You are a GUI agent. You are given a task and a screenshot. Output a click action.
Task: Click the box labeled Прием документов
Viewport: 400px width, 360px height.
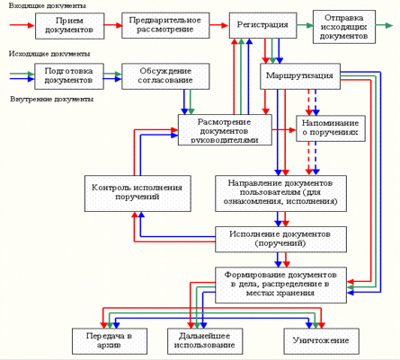point(70,26)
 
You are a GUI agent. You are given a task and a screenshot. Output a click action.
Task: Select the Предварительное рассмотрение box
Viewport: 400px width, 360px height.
point(165,25)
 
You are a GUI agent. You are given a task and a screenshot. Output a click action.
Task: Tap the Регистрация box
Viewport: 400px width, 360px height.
point(263,25)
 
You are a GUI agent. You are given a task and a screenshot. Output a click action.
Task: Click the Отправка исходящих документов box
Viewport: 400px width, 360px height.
point(344,27)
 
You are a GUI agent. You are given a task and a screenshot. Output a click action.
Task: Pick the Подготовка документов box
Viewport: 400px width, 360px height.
point(69,76)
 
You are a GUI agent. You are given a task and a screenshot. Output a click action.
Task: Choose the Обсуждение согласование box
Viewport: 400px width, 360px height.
point(165,76)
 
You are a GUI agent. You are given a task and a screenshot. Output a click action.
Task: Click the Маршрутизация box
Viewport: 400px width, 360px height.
point(300,76)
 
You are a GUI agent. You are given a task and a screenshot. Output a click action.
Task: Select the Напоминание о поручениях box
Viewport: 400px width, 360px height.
point(331,128)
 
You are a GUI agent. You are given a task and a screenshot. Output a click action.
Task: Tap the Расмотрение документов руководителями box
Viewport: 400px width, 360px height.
point(225,130)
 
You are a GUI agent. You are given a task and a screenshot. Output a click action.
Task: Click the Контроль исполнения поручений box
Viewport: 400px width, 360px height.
point(138,194)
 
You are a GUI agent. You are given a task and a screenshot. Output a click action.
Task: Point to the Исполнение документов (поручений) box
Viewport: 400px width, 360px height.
point(280,239)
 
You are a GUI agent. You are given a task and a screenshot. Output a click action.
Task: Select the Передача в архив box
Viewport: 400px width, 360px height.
point(110,341)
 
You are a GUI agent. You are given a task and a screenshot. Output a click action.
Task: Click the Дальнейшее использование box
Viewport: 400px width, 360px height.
point(205,341)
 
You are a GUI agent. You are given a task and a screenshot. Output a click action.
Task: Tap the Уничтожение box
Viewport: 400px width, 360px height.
point(321,341)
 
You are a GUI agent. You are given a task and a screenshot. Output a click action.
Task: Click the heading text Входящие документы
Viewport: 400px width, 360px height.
point(48,6)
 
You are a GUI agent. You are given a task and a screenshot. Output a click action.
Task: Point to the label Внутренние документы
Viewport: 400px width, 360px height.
point(51,99)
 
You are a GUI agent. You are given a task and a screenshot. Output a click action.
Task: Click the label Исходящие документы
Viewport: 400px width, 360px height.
point(49,54)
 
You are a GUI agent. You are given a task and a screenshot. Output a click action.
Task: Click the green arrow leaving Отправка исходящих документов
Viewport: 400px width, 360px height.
point(384,25)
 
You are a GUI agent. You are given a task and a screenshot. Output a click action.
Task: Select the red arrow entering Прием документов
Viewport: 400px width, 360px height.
point(22,25)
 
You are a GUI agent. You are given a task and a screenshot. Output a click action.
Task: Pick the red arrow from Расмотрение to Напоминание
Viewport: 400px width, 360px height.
point(284,130)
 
